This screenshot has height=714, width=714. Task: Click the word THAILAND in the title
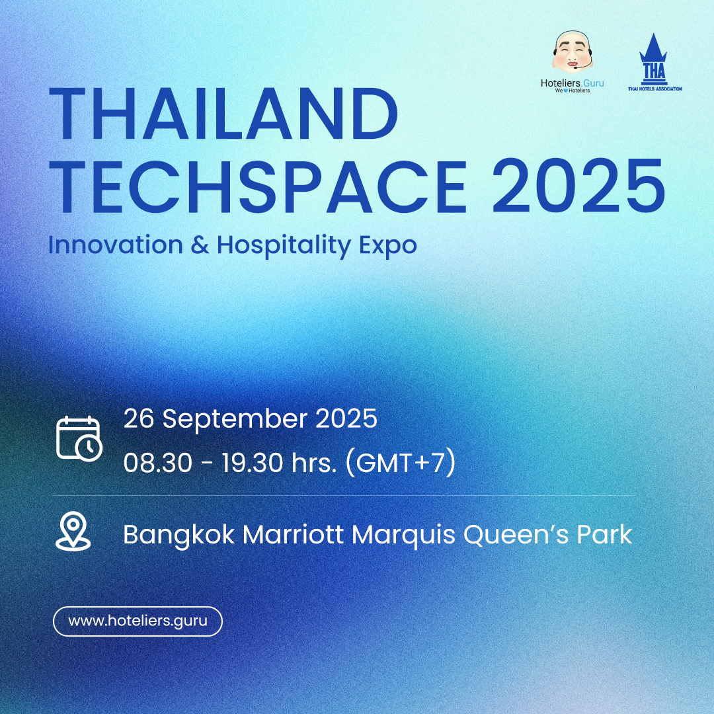223,113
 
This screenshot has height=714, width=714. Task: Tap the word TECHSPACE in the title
258,186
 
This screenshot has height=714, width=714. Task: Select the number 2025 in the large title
578,186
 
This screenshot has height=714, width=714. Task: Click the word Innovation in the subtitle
116,245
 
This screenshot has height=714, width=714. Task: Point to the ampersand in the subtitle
200,245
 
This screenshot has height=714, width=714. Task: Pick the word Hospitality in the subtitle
284,246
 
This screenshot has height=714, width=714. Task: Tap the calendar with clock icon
79,438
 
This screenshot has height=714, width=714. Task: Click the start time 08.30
157,463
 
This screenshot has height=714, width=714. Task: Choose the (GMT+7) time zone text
401,463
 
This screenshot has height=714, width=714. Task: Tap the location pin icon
73,531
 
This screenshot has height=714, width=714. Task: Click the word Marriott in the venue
293,534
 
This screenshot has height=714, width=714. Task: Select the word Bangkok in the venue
179,535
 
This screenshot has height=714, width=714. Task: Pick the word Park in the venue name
605,534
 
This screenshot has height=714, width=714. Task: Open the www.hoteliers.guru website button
138,621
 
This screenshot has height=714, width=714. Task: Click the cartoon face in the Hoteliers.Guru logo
573,52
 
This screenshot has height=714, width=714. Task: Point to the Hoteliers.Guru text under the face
572,83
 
